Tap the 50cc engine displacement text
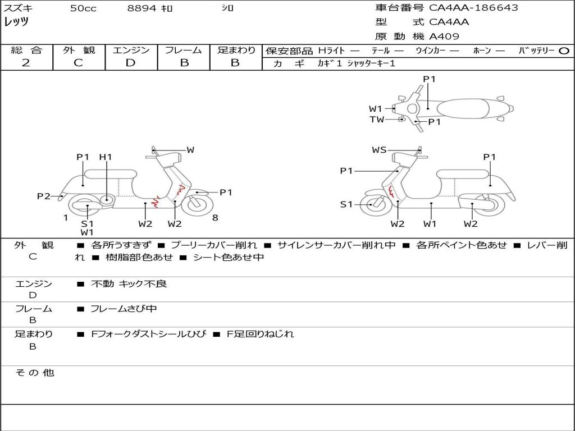[83, 8]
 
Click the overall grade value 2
[26, 63]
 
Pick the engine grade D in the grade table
[130, 63]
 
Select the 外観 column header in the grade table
[79, 51]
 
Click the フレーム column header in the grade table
[183, 51]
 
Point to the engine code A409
[444, 36]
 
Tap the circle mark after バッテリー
[564, 51]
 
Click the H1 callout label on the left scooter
[106, 157]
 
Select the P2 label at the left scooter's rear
[44, 196]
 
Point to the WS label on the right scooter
[380, 150]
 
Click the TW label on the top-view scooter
[377, 120]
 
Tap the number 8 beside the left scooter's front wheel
[215, 218]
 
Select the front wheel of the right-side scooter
[372, 204]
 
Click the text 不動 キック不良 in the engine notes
[129, 284]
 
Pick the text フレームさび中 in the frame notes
[124, 309]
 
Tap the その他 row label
[35, 373]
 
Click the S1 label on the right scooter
[347, 204]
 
